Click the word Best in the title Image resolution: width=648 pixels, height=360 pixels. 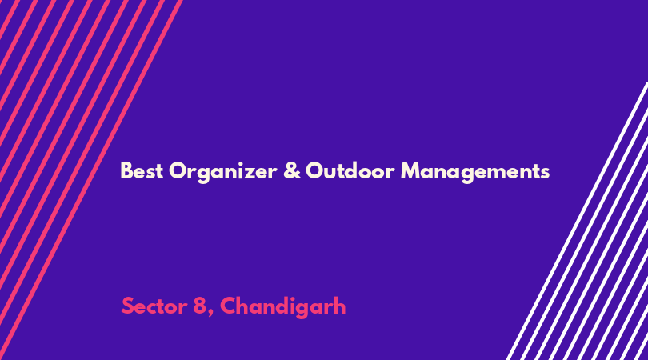[x=142, y=170]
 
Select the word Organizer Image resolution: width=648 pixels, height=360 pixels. [x=222, y=171]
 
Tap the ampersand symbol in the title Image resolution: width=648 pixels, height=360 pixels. [x=292, y=170]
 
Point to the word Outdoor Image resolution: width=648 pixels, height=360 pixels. [x=350, y=170]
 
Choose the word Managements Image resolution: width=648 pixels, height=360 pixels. [x=475, y=171]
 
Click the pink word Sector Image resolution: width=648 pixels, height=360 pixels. [x=154, y=306]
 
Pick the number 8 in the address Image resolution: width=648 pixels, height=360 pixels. [x=199, y=306]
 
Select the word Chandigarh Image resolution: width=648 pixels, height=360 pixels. [x=282, y=307]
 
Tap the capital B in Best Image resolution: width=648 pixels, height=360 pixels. [x=126, y=170]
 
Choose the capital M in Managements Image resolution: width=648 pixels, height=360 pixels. [x=410, y=170]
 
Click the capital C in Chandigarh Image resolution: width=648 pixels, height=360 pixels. [x=228, y=306]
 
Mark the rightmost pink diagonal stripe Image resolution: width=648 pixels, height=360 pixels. [x=90, y=180]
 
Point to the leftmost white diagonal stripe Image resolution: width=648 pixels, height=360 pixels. [x=578, y=221]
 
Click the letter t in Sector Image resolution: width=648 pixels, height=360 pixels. [x=164, y=307]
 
